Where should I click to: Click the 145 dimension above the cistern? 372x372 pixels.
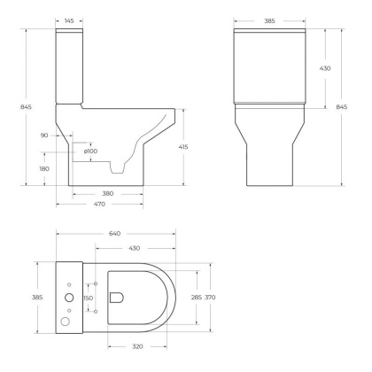pyautogui.click(x=70, y=19)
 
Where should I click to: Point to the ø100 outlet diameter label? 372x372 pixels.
pyautogui.click(x=90, y=151)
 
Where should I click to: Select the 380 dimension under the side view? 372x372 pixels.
pyautogui.click(x=106, y=192)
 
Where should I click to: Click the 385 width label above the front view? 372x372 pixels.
pyautogui.click(x=273, y=19)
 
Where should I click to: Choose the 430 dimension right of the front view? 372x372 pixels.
pyautogui.click(x=325, y=67)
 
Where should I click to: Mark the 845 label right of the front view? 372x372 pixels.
pyautogui.click(x=342, y=107)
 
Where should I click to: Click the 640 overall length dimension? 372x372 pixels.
pyautogui.click(x=115, y=235)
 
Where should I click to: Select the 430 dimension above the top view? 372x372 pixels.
pyautogui.click(x=135, y=247)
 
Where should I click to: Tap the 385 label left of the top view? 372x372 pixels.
pyautogui.click(x=37, y=297)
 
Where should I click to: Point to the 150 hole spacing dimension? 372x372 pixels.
pyautogui.click(x=87, y=298)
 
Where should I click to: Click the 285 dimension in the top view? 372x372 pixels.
pyautogui.click(x=197, y=297)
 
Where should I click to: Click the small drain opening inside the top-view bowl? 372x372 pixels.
pyautogui.click(x=115, y=298)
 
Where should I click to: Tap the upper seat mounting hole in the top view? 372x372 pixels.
pyautogui.click(x=95, y=283)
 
